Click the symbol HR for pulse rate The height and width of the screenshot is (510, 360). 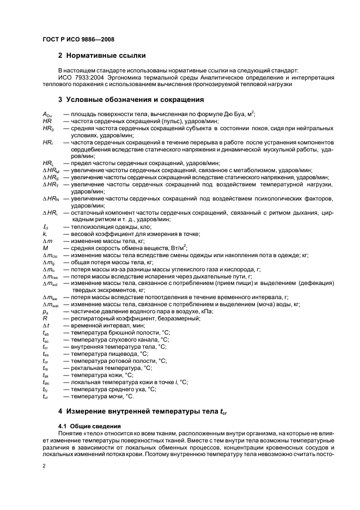(x=47, y=120)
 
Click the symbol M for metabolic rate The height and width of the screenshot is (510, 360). (x=45, y=247)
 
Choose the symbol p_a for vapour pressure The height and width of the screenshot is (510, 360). (x=46, y=311)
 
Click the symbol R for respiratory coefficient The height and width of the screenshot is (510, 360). (x=45, y=318)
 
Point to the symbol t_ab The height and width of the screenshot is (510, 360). (x=46, y=332)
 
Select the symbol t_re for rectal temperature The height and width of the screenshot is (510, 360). (x=46, y=368)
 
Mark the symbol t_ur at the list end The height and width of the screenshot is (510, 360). (x=46, y=397)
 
